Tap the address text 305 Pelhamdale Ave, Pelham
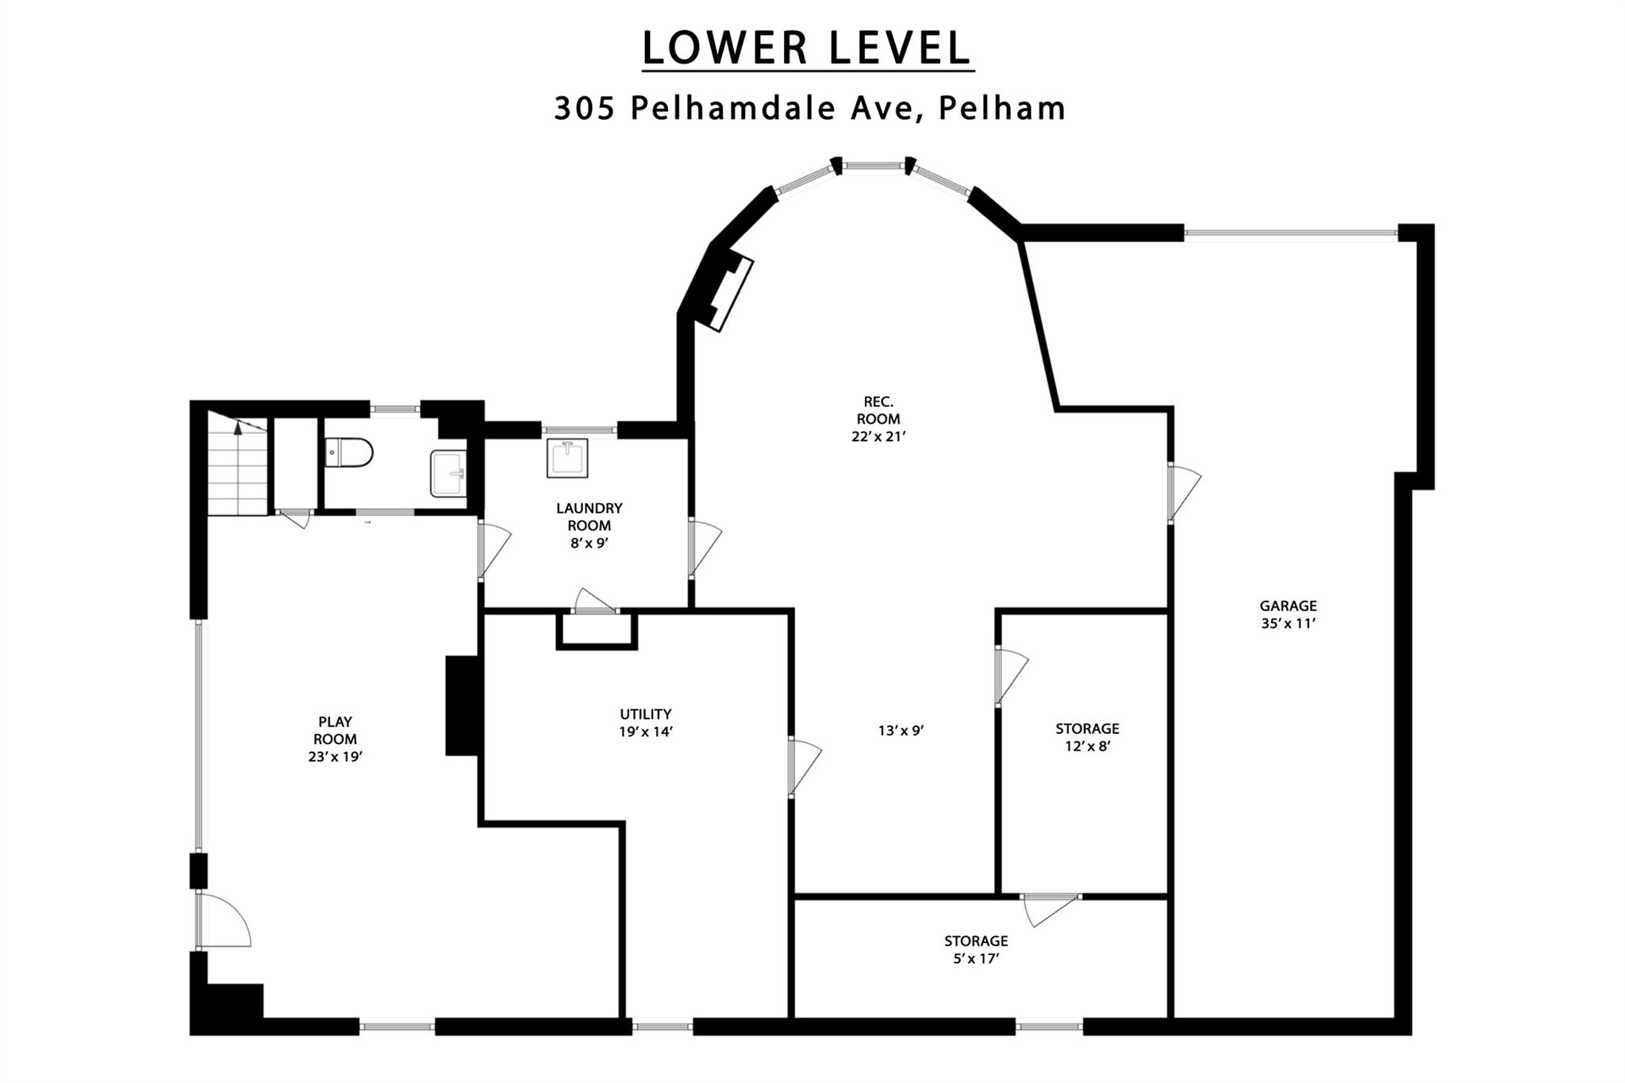[x=809, y=108]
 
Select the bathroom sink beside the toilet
[x=448, y=474]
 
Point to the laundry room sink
[x=567, y=458]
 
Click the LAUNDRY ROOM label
[x=589, y=517]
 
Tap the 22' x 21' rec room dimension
[x=878, y=436]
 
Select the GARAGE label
[x=1288, y=606]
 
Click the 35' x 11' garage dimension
[x=1288, y=624]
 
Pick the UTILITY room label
[x=646, y=714]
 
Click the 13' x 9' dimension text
[x=901, y=731]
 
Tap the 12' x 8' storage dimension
[x=1087, y=746]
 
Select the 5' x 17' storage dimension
[x=976, y=958]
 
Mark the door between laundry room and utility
[x=595, y=601]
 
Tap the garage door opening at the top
[x=1290, y=233]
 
